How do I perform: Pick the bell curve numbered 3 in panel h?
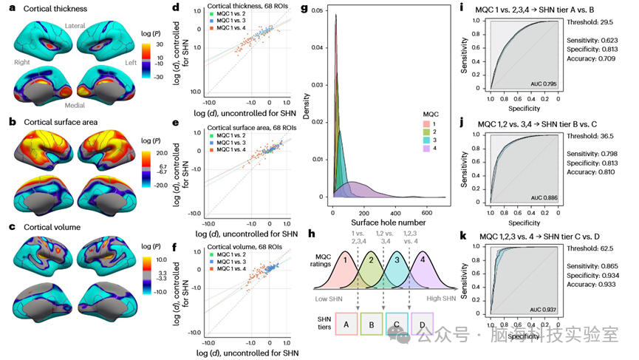396,260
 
